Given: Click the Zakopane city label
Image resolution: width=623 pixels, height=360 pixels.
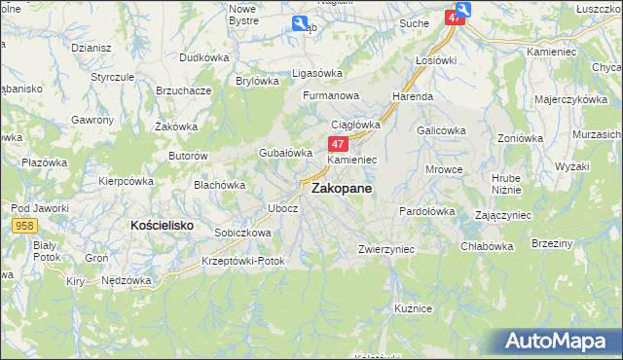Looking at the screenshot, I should pos(341,191).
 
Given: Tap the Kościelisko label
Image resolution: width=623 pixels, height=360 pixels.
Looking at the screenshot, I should pos(162,225).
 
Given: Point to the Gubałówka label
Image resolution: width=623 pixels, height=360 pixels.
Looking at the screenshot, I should pos(284,153).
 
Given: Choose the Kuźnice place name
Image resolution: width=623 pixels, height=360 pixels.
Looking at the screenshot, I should pos(413,307).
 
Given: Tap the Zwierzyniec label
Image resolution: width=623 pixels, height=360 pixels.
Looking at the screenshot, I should pos(386,249).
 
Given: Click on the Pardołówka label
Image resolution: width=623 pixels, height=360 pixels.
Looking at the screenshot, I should pos(427,210).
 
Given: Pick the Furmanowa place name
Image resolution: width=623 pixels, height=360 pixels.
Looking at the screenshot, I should pos(331,96).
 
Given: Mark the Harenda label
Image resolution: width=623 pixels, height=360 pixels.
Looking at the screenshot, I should pos(413,97).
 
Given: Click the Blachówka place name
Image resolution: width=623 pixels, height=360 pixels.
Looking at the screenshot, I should pos(219,184).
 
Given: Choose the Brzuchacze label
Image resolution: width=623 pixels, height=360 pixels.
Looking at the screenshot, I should pos(184,90).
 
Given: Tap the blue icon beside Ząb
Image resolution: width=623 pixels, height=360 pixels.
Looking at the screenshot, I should pos(298,25).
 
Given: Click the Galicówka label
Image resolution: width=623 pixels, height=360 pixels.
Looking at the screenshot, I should pos(441,129).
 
